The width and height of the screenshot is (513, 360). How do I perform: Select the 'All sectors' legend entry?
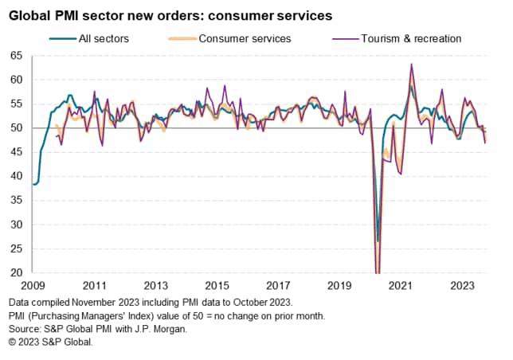coord(105,37)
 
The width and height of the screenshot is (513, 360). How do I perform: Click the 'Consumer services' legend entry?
coord(244,37)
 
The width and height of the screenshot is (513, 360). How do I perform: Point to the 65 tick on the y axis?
coord(16,55)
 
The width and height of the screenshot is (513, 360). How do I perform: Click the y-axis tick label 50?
coord(16,127)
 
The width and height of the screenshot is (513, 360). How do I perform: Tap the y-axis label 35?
coord(16,201)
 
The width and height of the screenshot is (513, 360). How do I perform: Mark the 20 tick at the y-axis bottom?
coord(16,273)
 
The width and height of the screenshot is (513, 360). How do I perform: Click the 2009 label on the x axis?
coord(33,285)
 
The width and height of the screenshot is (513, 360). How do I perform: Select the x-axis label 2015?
coord(216,285)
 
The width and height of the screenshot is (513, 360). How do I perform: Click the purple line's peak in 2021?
coord(411,65)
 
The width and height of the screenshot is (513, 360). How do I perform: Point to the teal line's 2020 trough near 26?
coord(378,241)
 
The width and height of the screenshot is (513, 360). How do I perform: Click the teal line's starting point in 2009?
coord(33,184)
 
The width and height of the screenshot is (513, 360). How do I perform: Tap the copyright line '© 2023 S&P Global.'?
coord(52,342)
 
